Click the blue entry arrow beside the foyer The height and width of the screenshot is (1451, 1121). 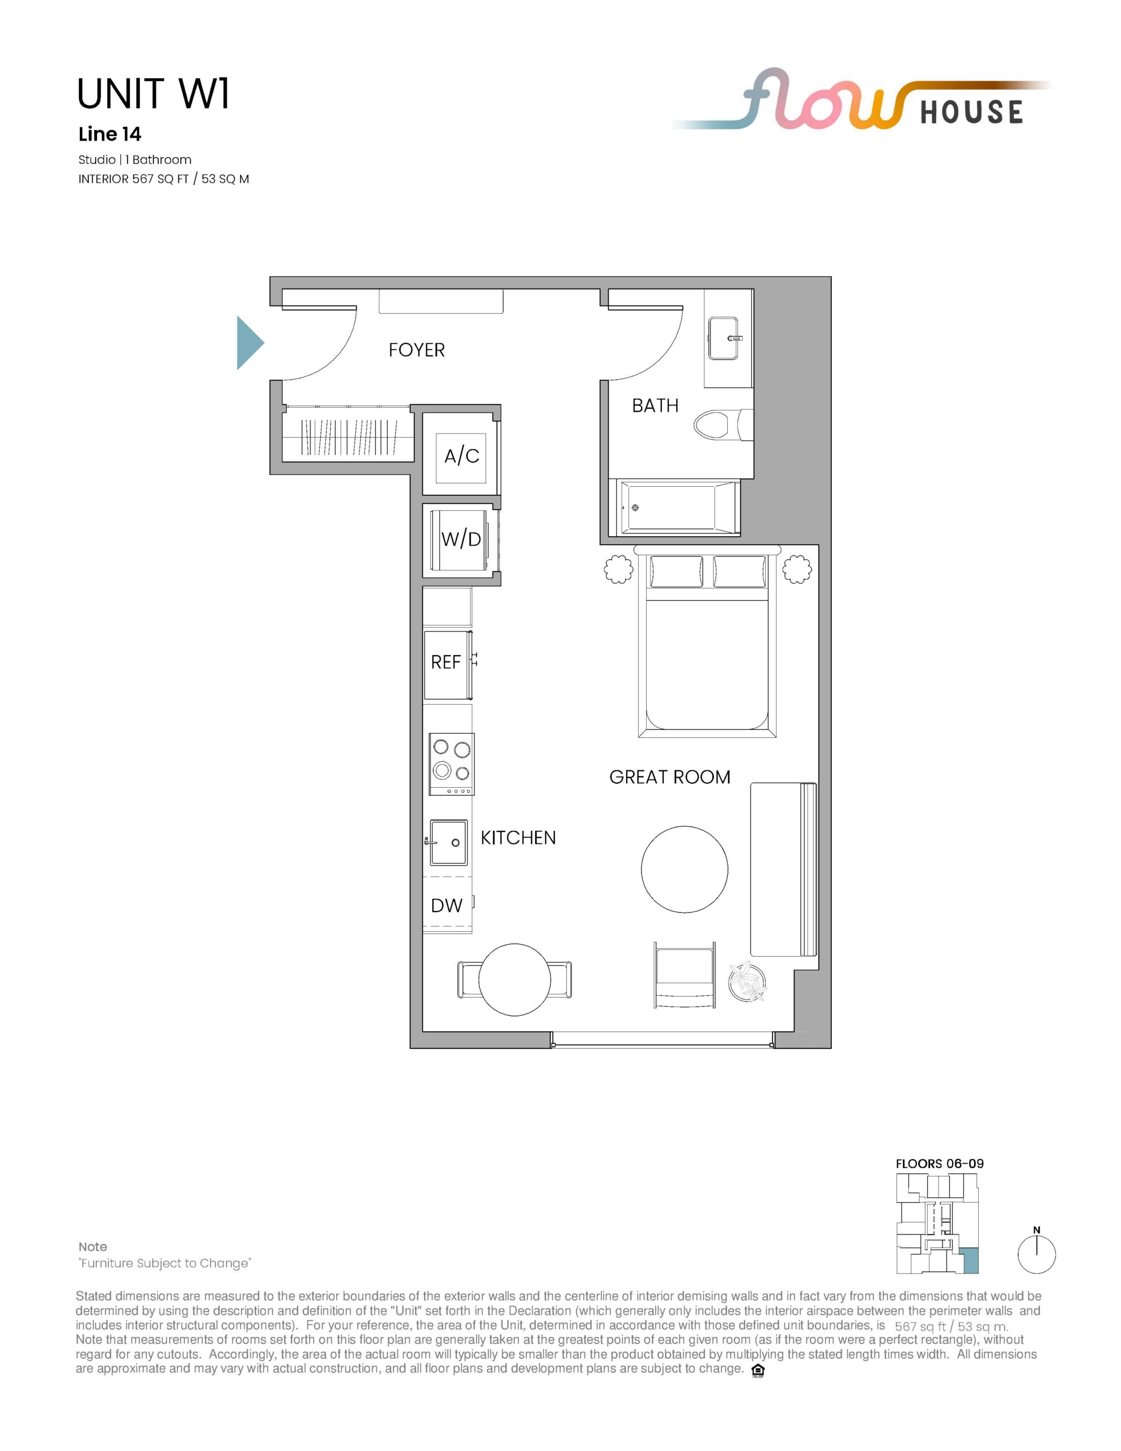[x=249, y=343]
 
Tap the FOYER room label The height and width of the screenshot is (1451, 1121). [x=417, y=350]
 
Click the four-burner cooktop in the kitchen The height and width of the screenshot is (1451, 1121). [x=452, y=764]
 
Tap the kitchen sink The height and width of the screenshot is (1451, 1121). [x=448, y=842]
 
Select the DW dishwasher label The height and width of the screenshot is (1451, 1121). [x=447, y=906]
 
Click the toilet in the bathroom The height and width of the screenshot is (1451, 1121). [x=723, y=424]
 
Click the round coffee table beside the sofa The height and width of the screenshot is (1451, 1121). [x=685, y=869]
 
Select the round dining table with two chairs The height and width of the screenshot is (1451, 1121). [x=515, y=979]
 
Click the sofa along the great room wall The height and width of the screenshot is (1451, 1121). [x=783, y=869]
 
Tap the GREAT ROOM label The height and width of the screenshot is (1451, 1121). [x=670, y=777]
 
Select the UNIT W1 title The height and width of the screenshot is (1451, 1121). [x=154, y=94]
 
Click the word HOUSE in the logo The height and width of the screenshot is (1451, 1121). [x=971, y=112]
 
